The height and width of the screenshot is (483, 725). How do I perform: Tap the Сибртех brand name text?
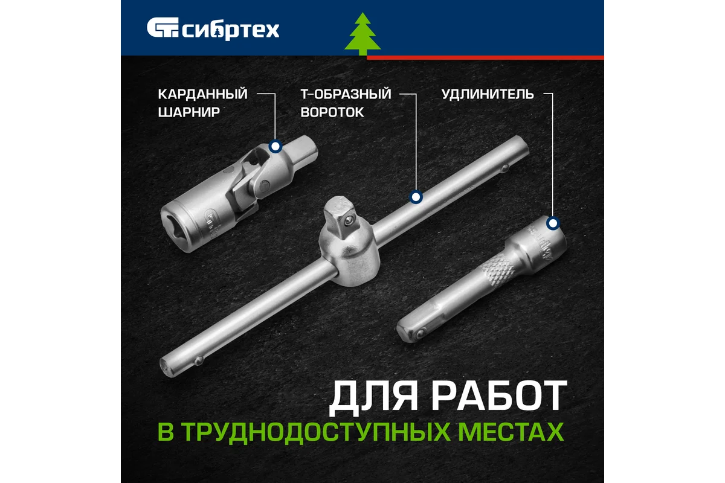[230, 29]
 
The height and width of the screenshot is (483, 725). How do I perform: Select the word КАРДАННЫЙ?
[202, 94]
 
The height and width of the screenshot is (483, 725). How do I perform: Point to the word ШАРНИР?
[190, 112]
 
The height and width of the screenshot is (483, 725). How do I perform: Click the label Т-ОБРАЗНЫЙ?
[346, 94]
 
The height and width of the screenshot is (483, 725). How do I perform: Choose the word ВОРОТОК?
[332, 112]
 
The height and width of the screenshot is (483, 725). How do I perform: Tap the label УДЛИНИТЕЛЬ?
[487, 94]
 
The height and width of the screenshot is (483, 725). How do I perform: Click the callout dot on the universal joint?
[275, 146]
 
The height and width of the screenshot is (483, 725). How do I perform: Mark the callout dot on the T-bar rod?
[415, 197]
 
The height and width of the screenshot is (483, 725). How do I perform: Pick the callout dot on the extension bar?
[552, 224]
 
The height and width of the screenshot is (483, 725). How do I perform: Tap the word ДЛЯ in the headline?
[366, 397]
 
